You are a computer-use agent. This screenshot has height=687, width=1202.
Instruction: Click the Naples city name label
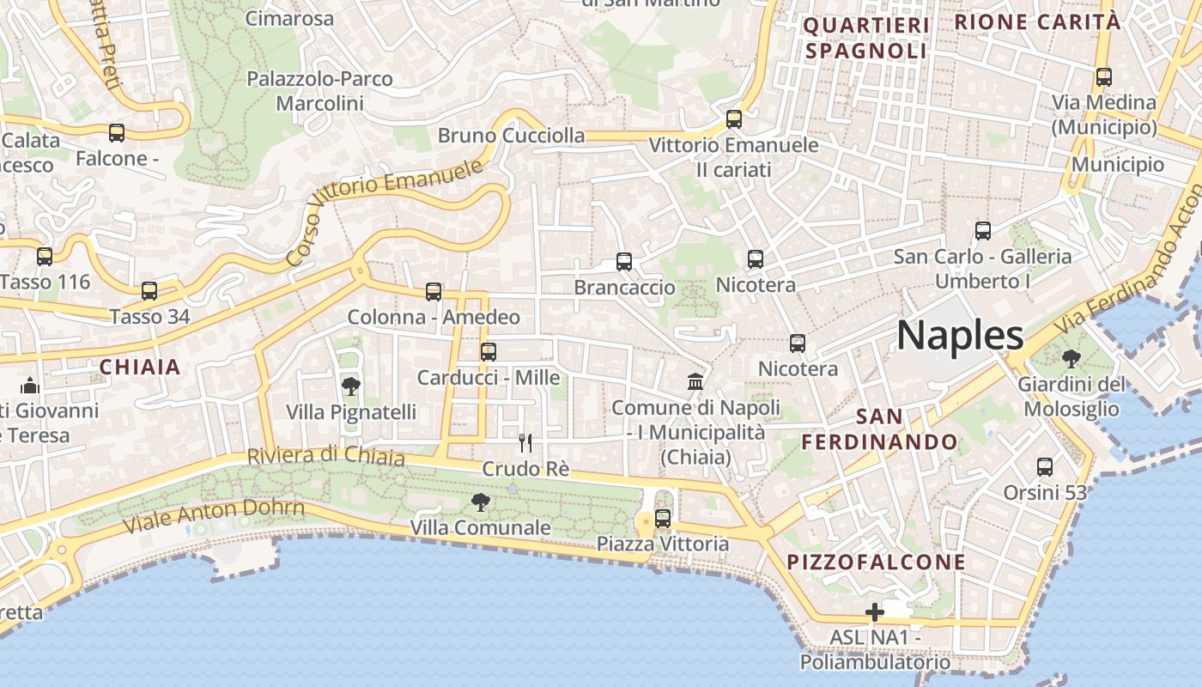click(x=960, y=335)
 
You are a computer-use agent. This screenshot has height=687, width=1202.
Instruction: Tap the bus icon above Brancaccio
click(x=624, y=262)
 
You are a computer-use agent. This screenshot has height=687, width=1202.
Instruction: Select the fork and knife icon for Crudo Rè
click(x=525, y=443)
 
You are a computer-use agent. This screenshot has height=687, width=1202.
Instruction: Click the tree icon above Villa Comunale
click(x=480, y=502)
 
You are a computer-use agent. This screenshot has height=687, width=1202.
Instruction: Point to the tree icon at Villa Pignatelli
click(x=350, y=386)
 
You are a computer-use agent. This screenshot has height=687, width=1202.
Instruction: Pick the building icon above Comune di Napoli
click(x=695, y=381)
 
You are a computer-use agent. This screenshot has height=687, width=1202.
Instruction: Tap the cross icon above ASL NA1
click(x=875, y=612)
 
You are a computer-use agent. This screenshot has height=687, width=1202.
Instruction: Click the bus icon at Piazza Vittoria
click(x=663, y=518)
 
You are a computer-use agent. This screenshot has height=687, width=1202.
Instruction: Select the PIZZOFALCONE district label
click(x=877, y=562)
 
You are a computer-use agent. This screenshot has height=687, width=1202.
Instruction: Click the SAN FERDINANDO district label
click(x=880, y=429)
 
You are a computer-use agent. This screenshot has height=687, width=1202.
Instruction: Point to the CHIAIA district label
click(x=140, y=368)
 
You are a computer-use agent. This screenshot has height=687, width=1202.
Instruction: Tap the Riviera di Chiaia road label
click(x=326, y=456)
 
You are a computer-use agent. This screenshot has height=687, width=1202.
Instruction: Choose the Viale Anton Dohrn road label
click(x=214, y=514)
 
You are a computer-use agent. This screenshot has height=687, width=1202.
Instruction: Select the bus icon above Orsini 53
click(x=1045, y=467)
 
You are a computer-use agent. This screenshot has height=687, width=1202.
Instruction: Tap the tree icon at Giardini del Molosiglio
click(x=1071, y=358)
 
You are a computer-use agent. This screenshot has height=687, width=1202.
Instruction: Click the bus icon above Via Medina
click(x=1104, y=77)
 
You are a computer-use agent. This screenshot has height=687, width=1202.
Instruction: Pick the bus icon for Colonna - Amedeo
click(x=434, y=292)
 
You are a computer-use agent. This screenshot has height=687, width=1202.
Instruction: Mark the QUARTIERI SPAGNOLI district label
click(x=866, y=38)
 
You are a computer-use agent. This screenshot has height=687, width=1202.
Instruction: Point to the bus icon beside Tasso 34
click(x=149, y=291)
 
